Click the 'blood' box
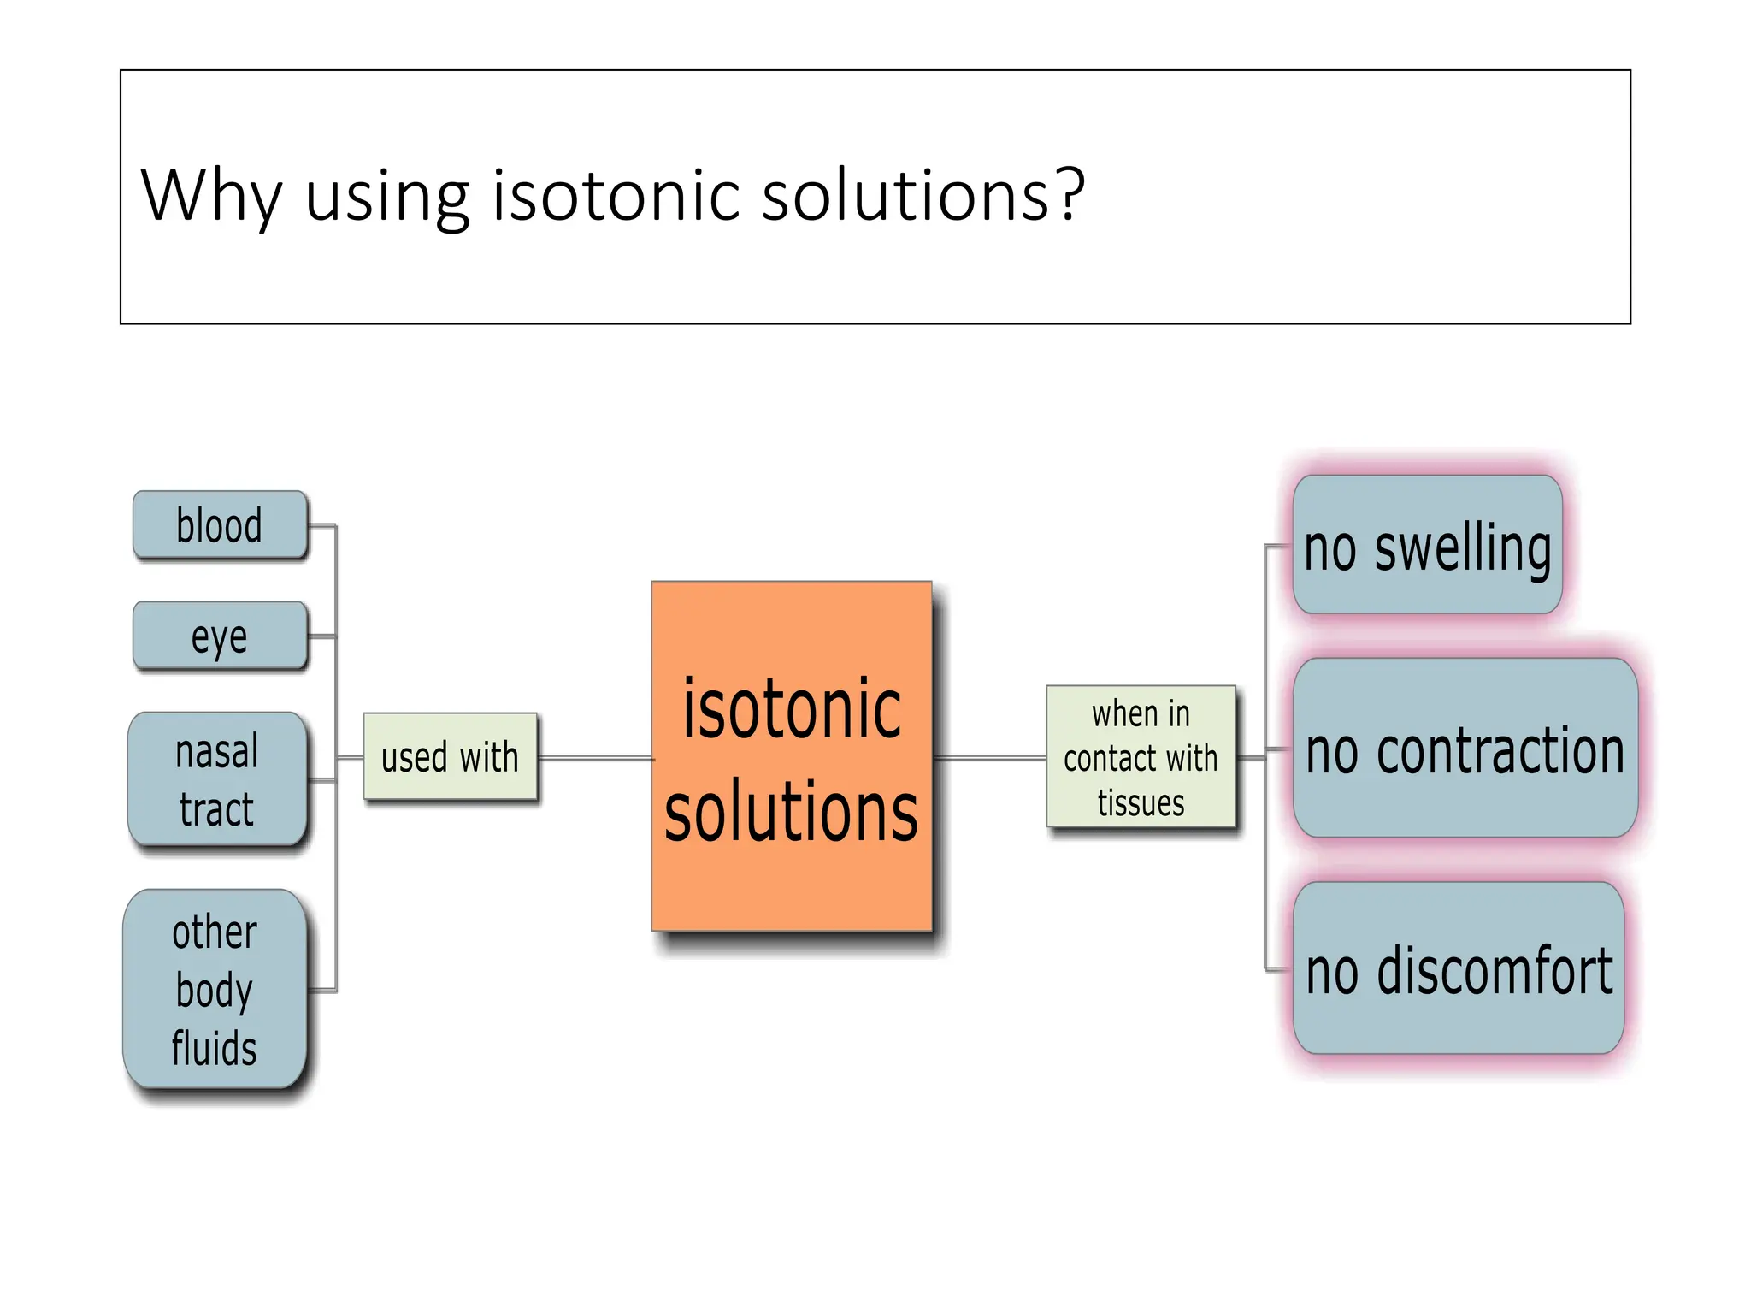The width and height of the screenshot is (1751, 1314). pos(220,525)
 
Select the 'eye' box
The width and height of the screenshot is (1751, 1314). pos(220,636)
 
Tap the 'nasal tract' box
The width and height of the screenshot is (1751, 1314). pos(217,779)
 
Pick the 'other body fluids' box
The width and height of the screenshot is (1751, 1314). pos(215,989)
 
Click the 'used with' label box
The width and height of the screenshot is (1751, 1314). pos(451,757)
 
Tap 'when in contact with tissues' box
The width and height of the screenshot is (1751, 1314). pos(1141,756)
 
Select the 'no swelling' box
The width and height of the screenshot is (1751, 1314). pos(1427,546)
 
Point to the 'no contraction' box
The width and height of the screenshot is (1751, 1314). pos(1465,749)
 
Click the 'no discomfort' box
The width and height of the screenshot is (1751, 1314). pos(1459,969)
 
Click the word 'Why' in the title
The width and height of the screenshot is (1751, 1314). pos(210,196)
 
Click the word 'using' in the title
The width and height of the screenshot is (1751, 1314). pos(386,198)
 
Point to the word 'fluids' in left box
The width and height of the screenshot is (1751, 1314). pos(214,1048)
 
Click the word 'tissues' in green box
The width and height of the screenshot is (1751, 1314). pos(1141,803)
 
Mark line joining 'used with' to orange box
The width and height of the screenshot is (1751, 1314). pos(596,758)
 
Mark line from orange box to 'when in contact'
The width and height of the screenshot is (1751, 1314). pos(990,758)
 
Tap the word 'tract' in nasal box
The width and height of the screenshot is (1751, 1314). pos(216,809)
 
